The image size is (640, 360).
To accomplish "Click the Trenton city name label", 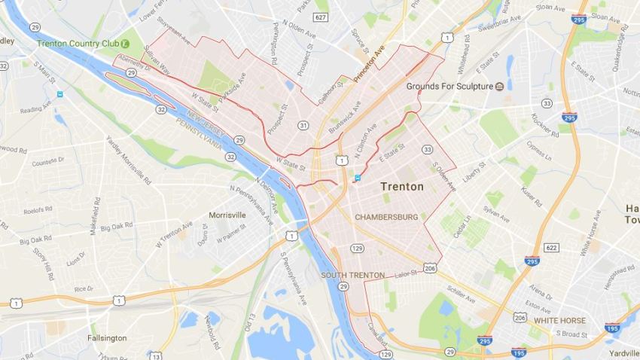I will [402, 186].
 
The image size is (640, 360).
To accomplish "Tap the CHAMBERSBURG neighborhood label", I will [386, 217].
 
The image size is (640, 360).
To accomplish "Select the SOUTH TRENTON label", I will [353, 275].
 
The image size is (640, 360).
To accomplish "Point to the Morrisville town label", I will [227, 215].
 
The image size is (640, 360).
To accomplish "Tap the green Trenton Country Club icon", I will [126, 44].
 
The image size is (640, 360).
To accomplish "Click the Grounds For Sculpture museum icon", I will [500, 87].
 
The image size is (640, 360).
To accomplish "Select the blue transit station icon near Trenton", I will [357, 178].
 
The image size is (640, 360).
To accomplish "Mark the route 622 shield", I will [552, 247].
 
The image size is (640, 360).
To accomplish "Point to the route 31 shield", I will [303, 124].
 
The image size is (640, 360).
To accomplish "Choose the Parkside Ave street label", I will [232, 90].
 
